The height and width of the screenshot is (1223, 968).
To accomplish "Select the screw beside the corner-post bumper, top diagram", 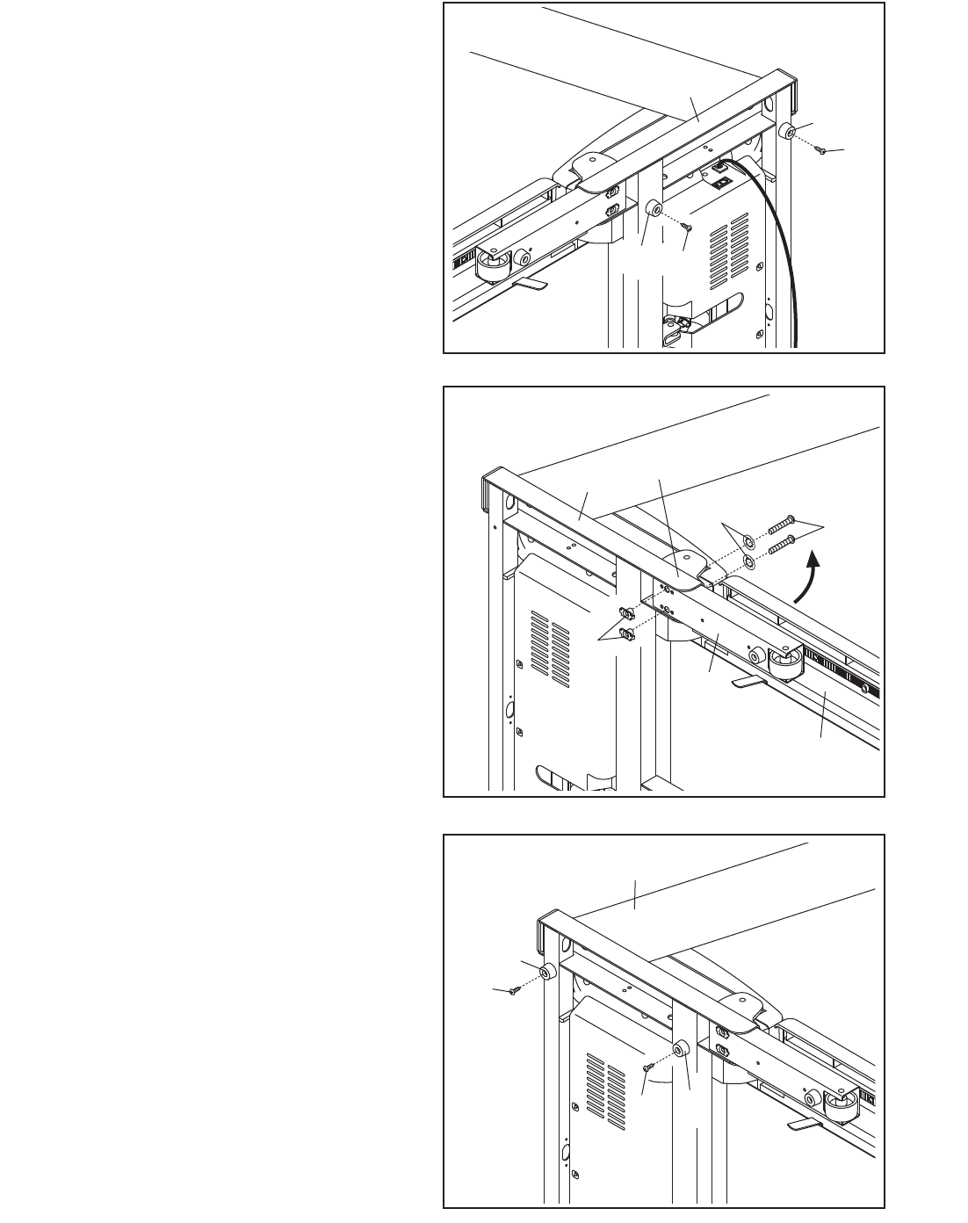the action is pyautogui.click(x=820, y=151).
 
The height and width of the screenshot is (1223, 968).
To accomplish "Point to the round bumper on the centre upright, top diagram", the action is pyautogui.click(x=654, y=210).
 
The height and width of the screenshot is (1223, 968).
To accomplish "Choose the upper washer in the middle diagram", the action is pyautogui.click(x=746, y=540).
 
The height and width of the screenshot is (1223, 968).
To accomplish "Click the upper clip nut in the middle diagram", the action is pyautogui.click(x=627, y=612).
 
